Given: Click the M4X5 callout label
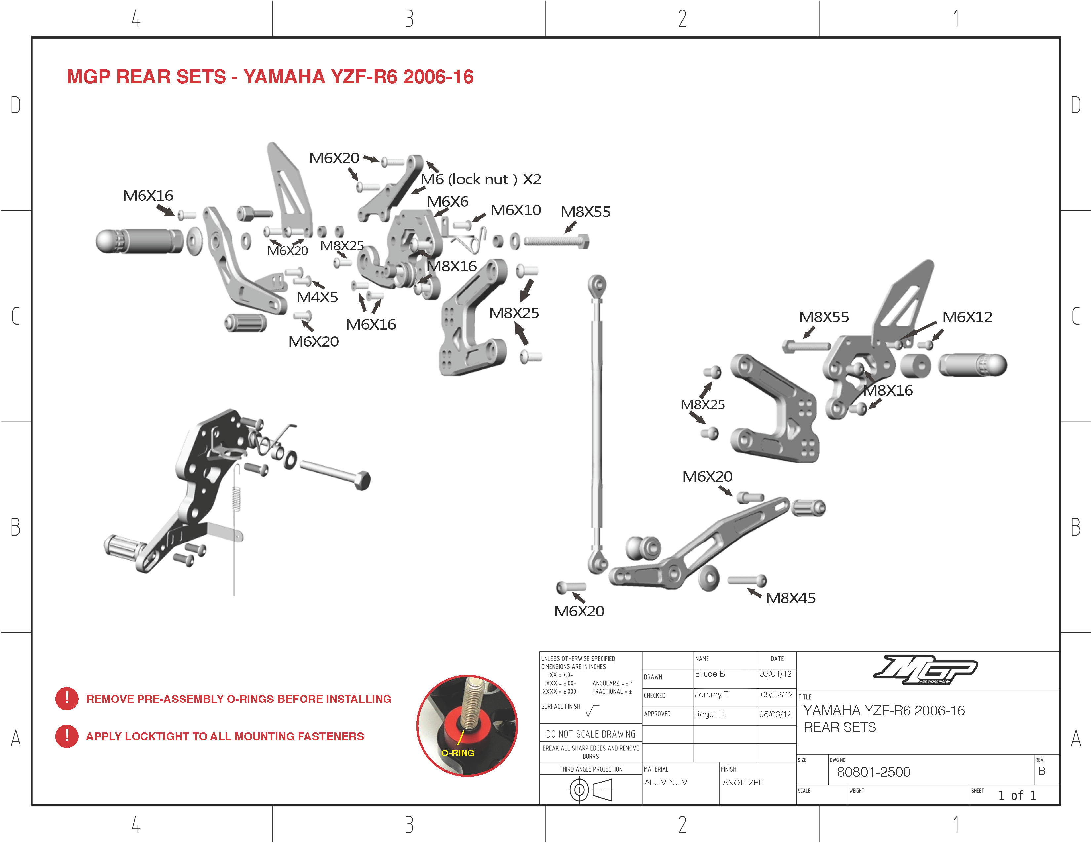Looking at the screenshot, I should click(317, 297).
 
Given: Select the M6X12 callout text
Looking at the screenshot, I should click(967, 317).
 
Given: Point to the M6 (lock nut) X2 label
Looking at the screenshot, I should click(481, 179).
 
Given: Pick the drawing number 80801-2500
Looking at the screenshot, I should click(873, 772).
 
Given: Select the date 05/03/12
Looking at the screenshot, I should click(775, 714).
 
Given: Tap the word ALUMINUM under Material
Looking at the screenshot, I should click(666, 783).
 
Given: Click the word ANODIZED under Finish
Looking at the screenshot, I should click(743, 783).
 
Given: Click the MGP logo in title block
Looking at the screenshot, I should click(925, 669).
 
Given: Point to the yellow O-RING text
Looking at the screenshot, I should click(458, 753).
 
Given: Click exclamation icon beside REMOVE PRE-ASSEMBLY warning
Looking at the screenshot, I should click(67, 698).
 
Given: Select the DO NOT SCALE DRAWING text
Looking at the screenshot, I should click(590, 734).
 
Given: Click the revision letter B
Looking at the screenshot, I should click(1041, 771).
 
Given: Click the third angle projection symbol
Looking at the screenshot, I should click(590, 790).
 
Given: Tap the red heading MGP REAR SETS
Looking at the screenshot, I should click(270, 77).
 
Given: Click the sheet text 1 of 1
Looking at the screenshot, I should click(1017, 795).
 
